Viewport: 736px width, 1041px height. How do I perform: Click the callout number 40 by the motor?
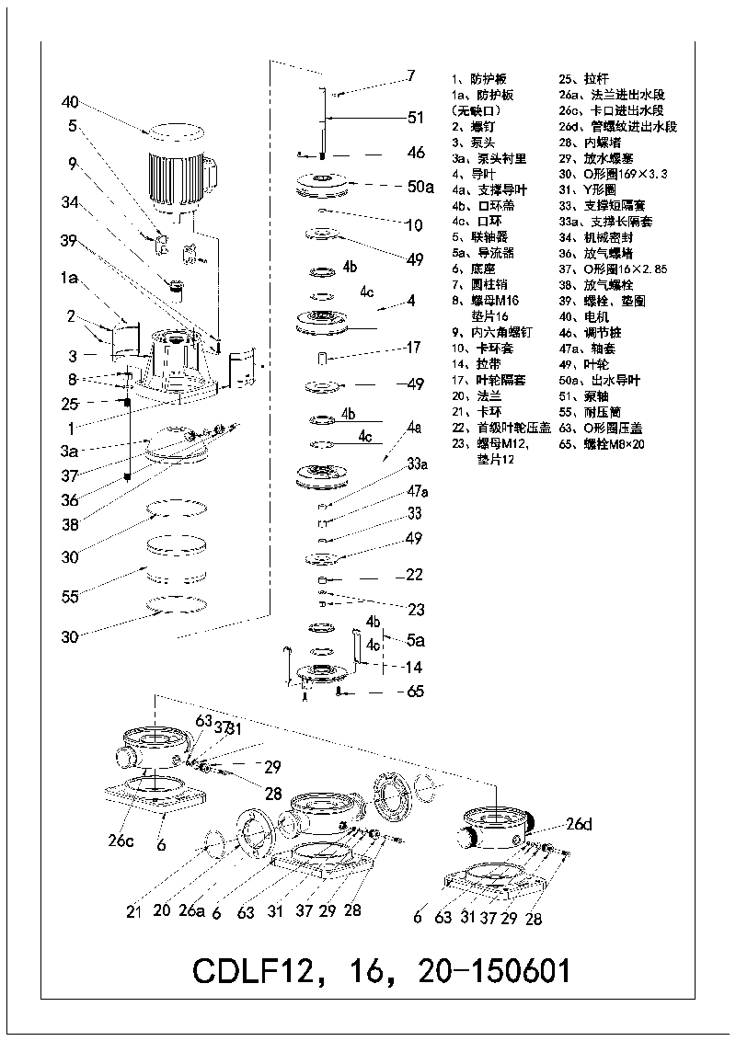[72, 102]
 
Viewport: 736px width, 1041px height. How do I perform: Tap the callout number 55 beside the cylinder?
[69, 597]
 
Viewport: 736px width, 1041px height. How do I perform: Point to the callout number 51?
[416, 117]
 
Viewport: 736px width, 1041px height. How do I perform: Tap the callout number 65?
[415, 692]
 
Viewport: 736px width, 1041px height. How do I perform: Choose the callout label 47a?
[418, 493]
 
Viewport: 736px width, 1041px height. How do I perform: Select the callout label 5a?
[416, 638]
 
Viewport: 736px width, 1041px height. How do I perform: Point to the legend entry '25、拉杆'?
[583, 79]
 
